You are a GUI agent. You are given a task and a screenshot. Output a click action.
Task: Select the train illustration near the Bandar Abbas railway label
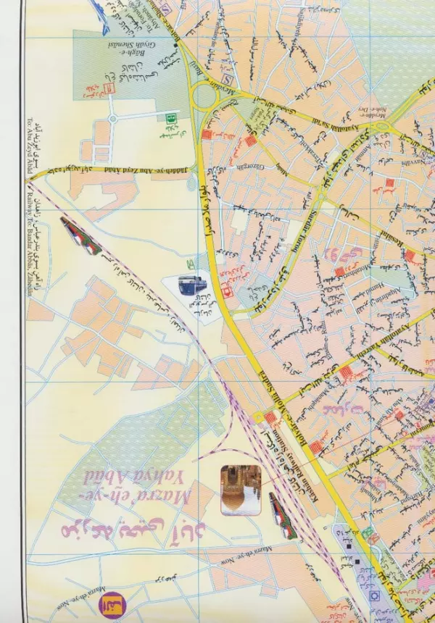tap(80, 235)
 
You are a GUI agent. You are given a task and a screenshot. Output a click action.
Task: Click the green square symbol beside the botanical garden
tap(172, 116)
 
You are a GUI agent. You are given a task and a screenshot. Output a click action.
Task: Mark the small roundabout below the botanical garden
tap(112, 117)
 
